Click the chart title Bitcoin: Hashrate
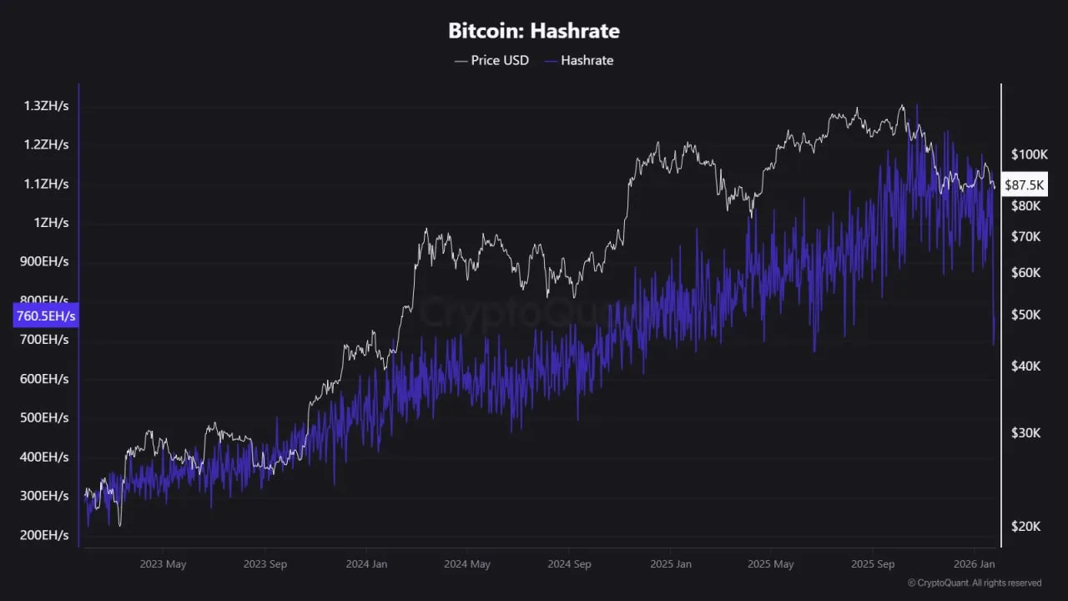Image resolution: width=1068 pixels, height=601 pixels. coord(534,32)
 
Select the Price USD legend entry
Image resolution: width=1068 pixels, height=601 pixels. coord(491,60)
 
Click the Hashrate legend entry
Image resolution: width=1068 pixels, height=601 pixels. coord(578,60)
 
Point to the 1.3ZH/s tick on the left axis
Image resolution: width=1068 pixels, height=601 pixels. coord(46,106)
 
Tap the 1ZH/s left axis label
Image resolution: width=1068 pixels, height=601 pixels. coord(51,223)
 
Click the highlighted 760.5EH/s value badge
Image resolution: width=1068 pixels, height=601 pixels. coord(46,316)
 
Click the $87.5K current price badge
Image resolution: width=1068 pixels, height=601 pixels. coord(1025,184)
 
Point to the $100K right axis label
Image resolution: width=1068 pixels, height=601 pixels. coord(1029,154)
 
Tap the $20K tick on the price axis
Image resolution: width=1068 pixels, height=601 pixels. coord(1025,526)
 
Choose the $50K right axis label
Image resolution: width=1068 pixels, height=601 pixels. coord(1025,315)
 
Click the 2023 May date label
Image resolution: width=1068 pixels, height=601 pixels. coord(164,564)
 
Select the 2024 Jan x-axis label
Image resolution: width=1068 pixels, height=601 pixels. coord(367,564)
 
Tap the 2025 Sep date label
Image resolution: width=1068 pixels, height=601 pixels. coord(873,564)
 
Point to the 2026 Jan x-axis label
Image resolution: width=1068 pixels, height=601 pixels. coord(975,564)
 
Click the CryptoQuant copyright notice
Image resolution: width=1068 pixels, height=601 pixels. coord(974,583)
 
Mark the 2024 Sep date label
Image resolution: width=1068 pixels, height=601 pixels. coord(570,564)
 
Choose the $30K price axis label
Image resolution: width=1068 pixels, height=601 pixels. coord(1025,432)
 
